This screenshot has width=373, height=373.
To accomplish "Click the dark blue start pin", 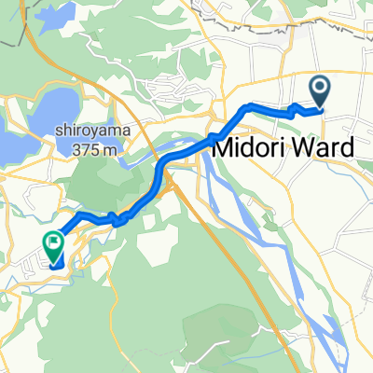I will pos(320,92).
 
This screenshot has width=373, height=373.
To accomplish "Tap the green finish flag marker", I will pos(52,246).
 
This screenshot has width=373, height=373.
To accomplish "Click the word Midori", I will pos(252,149).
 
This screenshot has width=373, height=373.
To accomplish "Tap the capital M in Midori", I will pos(225,149).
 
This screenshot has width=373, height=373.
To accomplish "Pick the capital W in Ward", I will pos(302,149).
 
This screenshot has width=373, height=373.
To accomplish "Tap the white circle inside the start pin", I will pos(320,89).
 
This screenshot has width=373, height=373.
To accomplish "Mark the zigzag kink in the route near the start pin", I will pos(297,109).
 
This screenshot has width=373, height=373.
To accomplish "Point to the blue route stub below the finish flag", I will pos(58,264).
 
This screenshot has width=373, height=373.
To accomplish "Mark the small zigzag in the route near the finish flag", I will pos(117,220).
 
